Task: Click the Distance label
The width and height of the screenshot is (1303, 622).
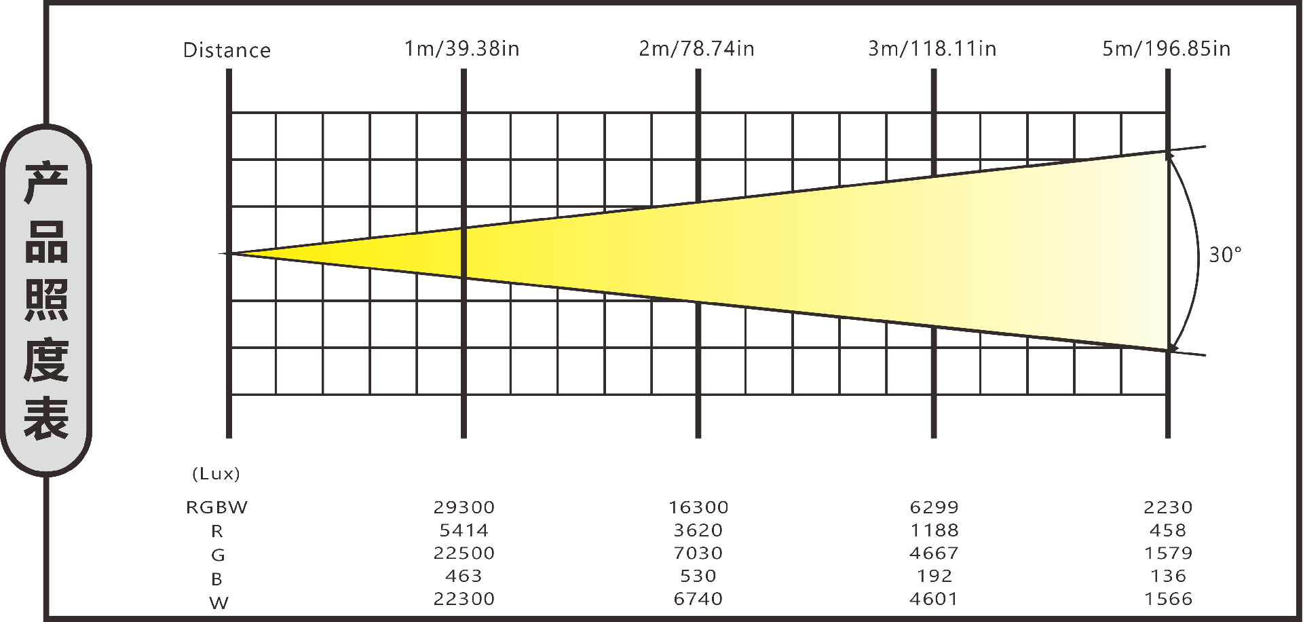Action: pyautogui.click(x=227, y=50)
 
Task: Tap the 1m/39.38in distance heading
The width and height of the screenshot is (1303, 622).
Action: pyautogui.click(x=462, y=49)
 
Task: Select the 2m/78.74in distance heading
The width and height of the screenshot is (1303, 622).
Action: pyautogui.click(x=697, y=49)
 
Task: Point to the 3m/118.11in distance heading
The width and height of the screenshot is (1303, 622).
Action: pyautogui.click(x=932, y=49)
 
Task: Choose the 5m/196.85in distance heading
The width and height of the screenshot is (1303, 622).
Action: pyautogui.click(x=1167, y=49)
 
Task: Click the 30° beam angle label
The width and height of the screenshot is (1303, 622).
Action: pyautogui.click(x=1226, y=255)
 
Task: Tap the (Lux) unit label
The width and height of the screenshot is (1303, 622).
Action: pyautogui.click(x=216, y=473)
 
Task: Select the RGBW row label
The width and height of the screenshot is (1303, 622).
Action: pyautogui.click(x=217, y=507)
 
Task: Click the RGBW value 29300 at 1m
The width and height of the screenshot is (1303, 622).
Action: pyautogui.click(x=464, y=507)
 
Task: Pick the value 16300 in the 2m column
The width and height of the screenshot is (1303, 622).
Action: pyautogui.click(x=698, y=507)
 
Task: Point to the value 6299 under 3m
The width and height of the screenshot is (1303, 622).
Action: pyautogui.click(x=934, y=507)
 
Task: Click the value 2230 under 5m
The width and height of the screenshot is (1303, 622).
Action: pyautogui.click(x=1168, y=507)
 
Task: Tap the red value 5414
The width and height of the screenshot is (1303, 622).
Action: pyautogui.click(x=464, y=530)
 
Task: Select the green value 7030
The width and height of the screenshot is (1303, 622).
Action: pyautogui.click(x=698, y=553)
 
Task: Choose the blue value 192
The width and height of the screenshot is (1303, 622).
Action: pyautogui.click(x=934, y=576)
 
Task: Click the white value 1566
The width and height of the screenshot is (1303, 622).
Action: pyautogui.click(x=1168, y=599)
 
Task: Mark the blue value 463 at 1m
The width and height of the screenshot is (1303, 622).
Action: pyautogui.click(x=464, y=576)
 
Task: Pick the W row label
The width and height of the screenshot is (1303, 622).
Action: pyautogui.click(x=219, y=602)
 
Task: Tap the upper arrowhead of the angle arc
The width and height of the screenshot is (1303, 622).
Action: pyautogui.click(x=1169, y=155)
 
